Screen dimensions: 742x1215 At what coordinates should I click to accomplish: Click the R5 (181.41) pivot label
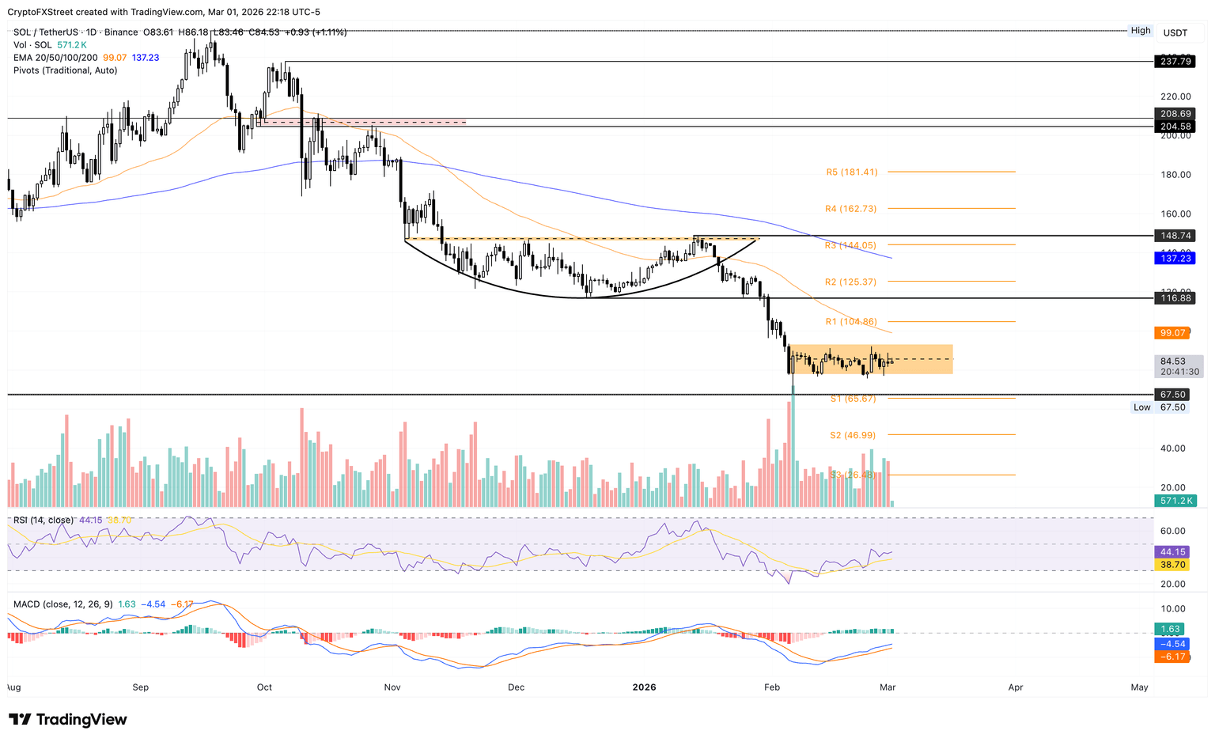click(x=851, y=172)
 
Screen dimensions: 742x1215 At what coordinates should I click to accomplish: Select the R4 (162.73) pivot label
click(x=851, y=209)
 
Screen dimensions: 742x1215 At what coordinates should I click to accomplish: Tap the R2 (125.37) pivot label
click(x=851, y=282)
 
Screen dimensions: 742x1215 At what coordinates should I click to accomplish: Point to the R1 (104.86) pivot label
click(x=851, y=322)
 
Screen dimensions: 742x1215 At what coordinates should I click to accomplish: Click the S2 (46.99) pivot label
click(x=853, y=435)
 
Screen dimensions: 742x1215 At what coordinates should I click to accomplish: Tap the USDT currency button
click(x=1175, y=32)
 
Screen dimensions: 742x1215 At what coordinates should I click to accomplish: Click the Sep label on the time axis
click(x=141, y=687)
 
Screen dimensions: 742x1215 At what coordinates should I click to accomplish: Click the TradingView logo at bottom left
click(x=68, y=719)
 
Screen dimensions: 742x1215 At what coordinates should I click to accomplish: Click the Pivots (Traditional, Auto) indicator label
click(x=66, y=70)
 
